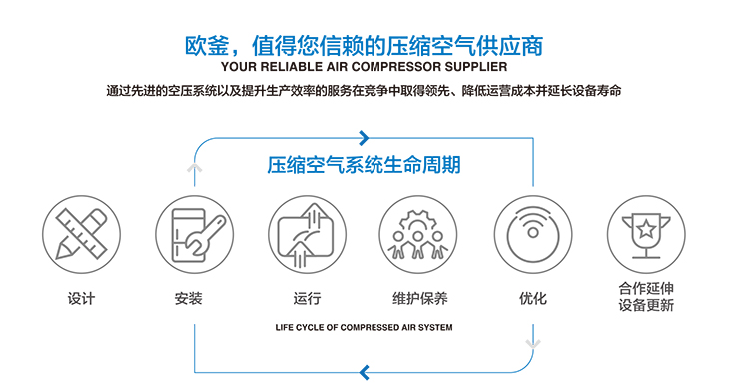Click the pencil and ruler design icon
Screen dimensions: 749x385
click(81, 234)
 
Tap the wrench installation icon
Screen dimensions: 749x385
click(194, 234)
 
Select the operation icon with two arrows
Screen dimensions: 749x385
click(308, 234)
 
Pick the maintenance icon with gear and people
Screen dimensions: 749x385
click(419, 234)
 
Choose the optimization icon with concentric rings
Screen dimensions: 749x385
click(533, 234)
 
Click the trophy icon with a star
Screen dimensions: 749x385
click(646, 234)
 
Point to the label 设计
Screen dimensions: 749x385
click(81, 298)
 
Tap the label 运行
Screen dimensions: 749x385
click(308, 298)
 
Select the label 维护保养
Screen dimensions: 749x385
click(419, 298)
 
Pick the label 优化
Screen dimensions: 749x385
click(533, 298)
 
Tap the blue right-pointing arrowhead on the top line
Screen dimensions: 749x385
click(365, 138)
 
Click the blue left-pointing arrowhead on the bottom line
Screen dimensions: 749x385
click(365, 372)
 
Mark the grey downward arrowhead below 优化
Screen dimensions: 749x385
click(533, 344)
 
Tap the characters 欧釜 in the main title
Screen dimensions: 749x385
click(209, 44)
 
